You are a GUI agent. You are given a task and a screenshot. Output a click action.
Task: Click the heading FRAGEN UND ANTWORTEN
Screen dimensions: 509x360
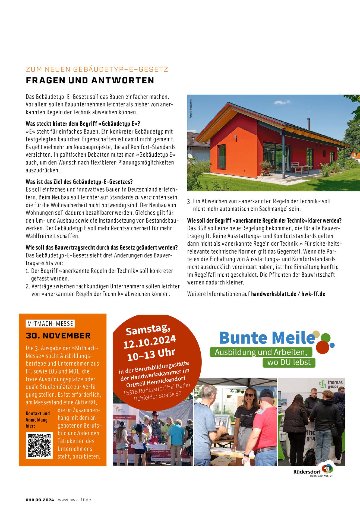(90, 81)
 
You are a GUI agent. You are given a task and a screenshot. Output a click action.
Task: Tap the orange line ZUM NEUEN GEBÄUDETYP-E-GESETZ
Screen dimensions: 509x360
(97, 69)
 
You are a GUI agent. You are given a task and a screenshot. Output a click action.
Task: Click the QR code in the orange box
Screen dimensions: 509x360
(39, 445)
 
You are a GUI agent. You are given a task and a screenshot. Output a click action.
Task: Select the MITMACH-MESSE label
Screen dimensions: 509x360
(50, 324)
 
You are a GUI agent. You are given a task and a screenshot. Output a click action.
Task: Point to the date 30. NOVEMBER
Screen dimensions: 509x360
(58, 336)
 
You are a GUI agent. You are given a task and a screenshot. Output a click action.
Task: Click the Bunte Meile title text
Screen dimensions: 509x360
(267, 338)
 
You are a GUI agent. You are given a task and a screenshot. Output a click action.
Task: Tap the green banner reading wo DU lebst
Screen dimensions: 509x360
(289, 362)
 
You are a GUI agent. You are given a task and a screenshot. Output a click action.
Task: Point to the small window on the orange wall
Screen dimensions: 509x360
(222, 157)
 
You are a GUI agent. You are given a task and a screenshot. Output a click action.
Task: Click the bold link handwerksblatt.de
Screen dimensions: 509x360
(274, 294)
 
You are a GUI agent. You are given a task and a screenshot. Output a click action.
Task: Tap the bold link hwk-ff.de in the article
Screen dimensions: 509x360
(313, 294)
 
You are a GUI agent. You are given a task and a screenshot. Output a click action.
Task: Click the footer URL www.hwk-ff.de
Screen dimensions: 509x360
(75, 500)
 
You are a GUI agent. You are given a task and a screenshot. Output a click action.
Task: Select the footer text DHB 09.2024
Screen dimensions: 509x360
(40, 500)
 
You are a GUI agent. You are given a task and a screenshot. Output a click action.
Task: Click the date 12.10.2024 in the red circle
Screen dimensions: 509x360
(150, 342)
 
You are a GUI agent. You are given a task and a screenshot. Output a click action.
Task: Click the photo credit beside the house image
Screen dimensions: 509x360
(191, 109)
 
